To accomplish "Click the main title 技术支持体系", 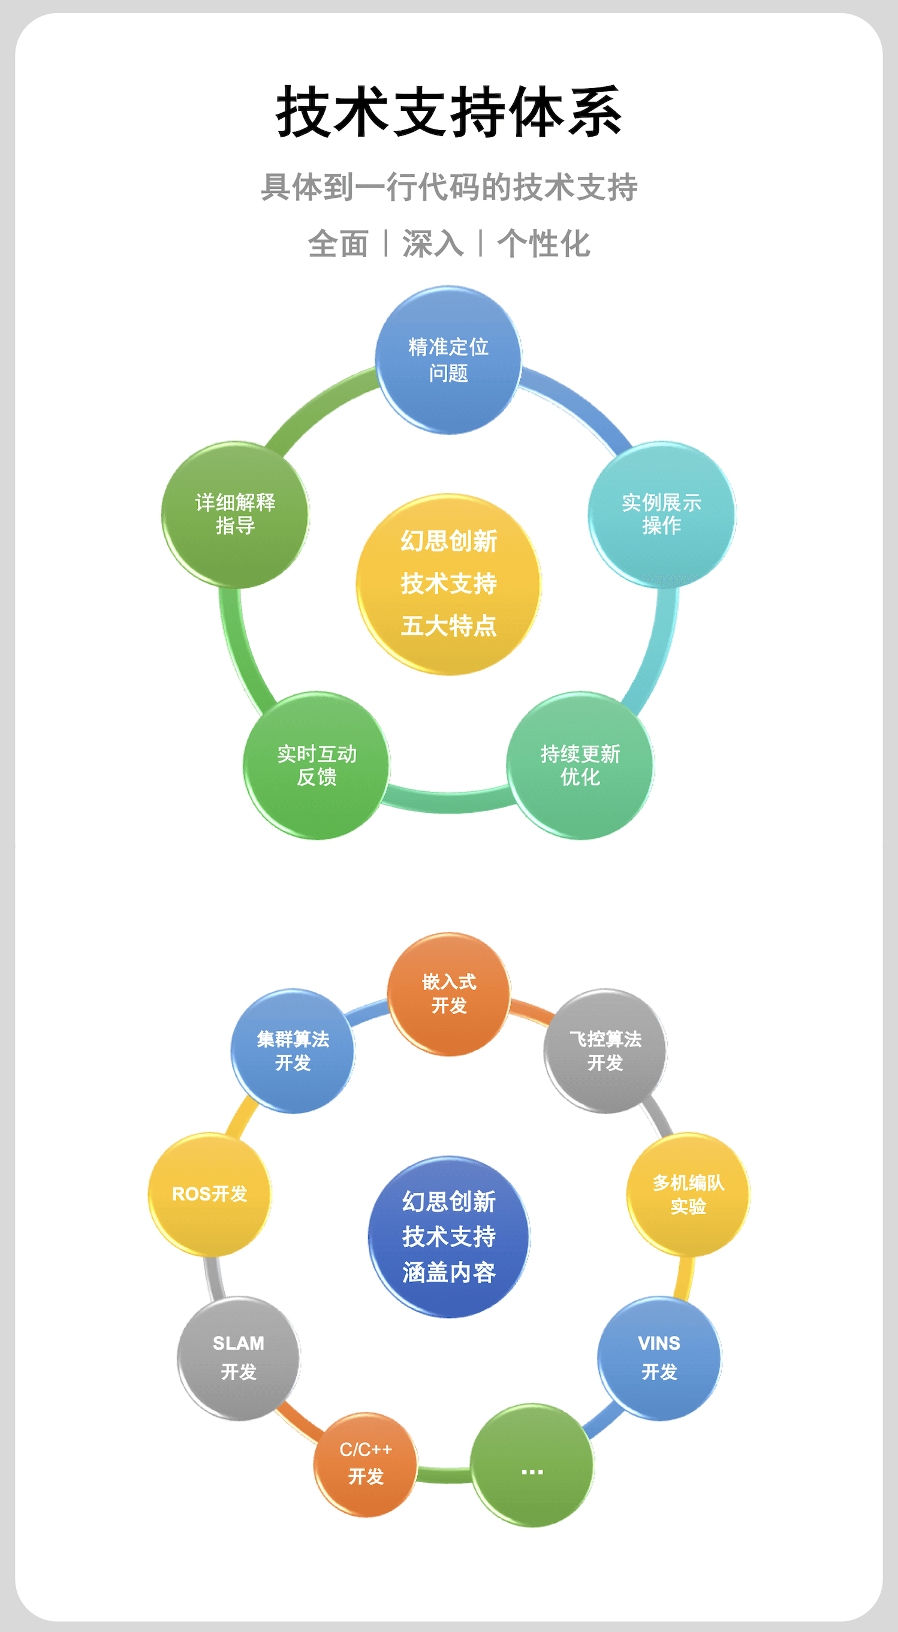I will (x=448, y=112).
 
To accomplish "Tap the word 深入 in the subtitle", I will (x=433, y=244).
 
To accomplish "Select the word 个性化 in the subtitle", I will (x=543, y=244).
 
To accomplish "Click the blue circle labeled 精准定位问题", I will (x=448, y=360).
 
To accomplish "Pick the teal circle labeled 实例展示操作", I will (x=662, y=514).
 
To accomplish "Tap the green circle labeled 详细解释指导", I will (x=235, y=514).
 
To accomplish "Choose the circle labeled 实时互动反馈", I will (x=317, y=765).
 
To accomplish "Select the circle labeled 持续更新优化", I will (x=580, y=765).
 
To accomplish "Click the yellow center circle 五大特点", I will (x=448, y=584).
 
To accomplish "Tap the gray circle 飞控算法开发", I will (x=605, y=1051).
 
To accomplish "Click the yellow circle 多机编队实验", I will (x=688, y=1194).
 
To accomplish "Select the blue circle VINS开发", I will (x=659, y=1358).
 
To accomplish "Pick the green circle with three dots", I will (x=532, y=1465).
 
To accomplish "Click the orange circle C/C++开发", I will (x=366, y=1464).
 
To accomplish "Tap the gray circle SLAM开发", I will (x=238, y=1358).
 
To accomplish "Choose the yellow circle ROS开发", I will (x=210, y=1194).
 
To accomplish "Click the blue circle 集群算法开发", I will (x=293, y=1051).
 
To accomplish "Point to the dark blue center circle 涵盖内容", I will (x=448, y=1236).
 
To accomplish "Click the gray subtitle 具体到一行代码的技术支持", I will (x=448, y=187).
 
